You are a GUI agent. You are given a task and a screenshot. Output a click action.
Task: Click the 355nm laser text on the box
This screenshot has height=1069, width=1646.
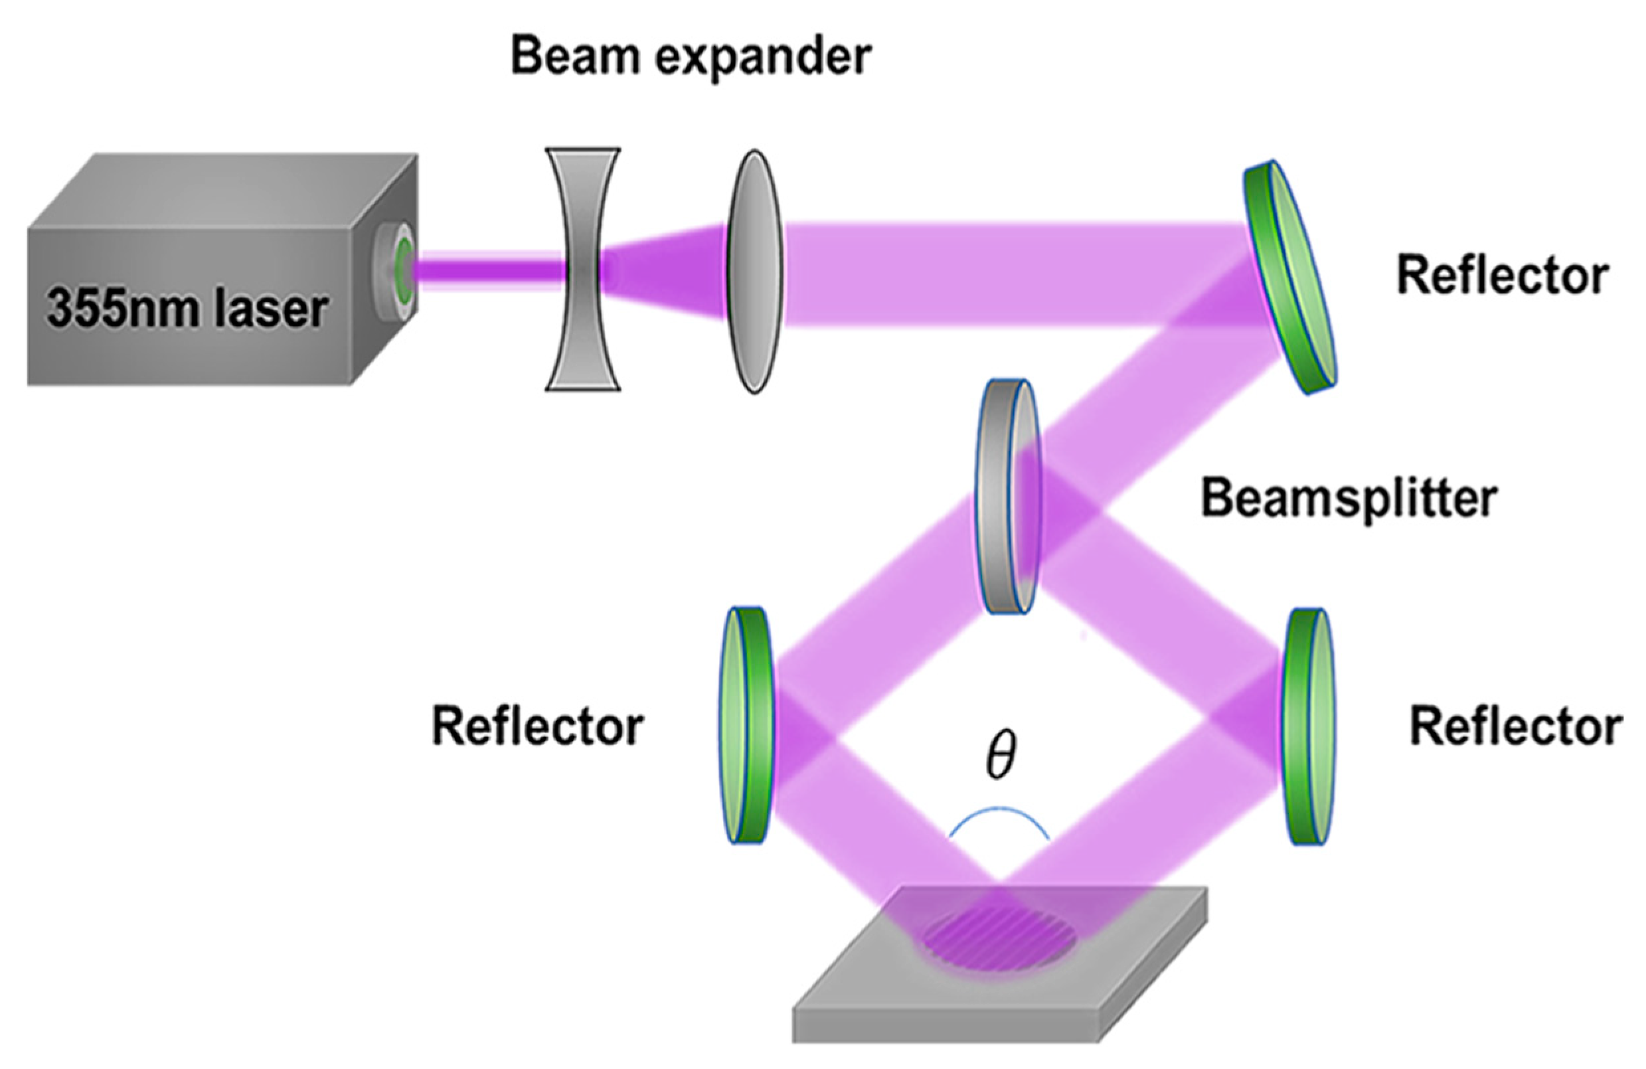(x=187, y=309)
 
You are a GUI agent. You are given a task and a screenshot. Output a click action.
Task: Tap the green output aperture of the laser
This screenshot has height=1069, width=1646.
(x=403, y=266)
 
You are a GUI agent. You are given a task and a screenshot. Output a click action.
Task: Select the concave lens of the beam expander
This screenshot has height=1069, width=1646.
(x=582, y=269)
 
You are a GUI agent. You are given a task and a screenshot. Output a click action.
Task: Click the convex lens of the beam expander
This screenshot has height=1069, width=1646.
(x=755, y=272)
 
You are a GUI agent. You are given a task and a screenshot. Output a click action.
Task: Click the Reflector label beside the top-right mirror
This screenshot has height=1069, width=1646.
(x=1502, y=275)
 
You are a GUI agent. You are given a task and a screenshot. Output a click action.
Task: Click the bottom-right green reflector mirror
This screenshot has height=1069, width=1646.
(x=1309, y=726)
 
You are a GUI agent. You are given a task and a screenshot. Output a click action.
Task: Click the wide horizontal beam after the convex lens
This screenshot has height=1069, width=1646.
(x=1003, y=273)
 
